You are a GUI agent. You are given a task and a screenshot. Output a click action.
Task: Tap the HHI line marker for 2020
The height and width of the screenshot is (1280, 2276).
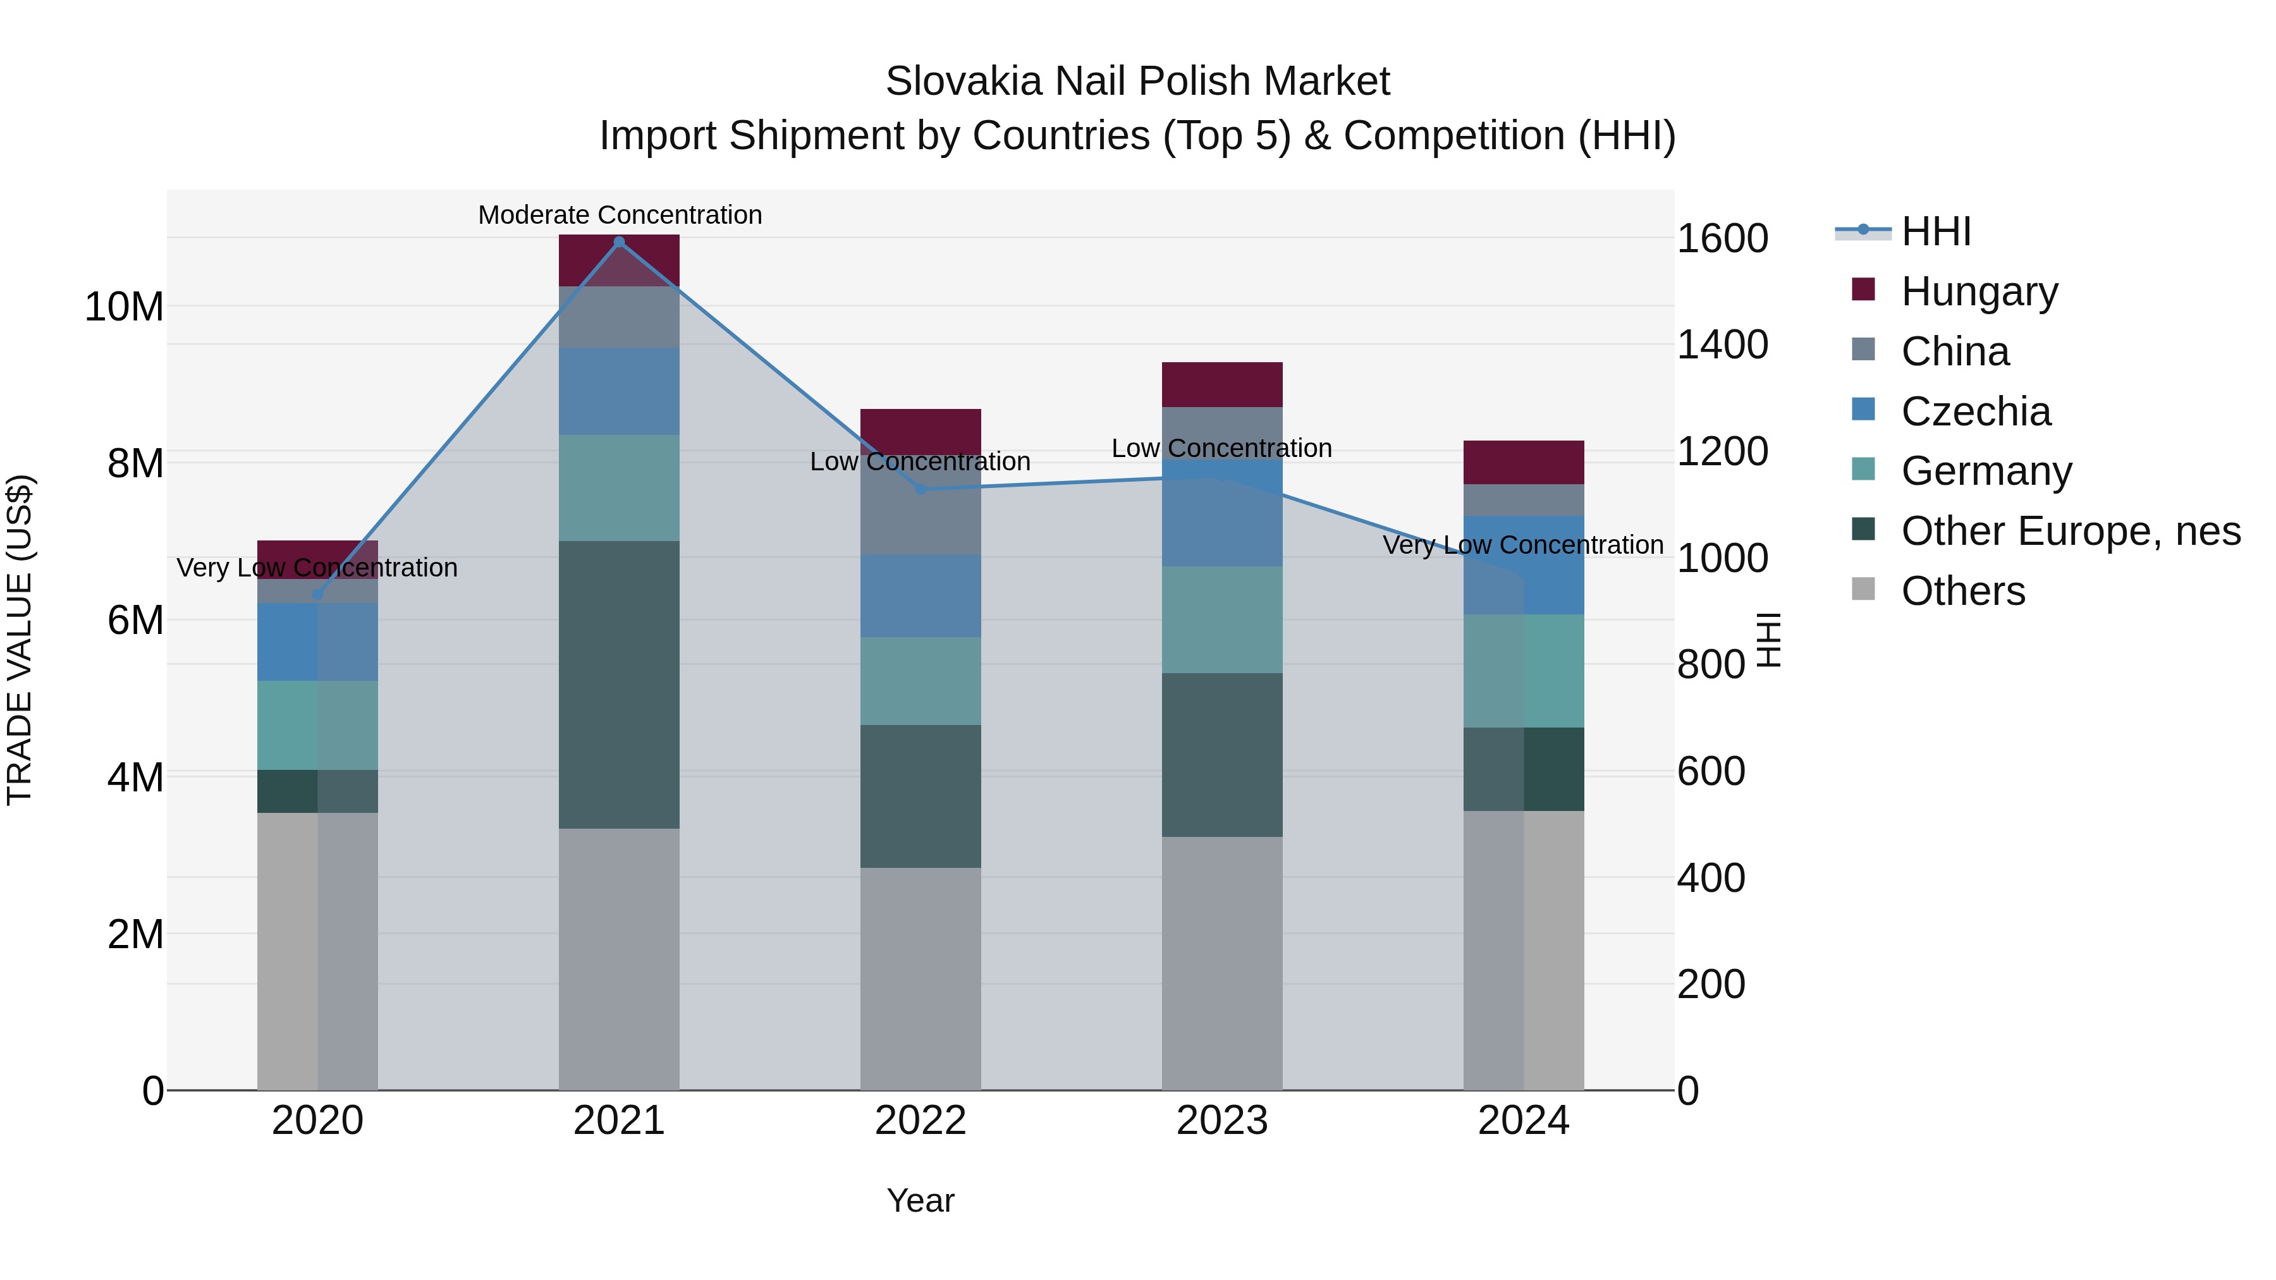318,595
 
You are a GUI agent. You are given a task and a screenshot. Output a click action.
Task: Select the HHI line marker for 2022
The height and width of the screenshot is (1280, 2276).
920,489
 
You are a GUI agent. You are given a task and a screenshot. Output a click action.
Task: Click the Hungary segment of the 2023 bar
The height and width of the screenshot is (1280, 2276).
1222,384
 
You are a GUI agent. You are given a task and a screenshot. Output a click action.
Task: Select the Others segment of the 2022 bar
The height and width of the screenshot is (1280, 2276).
920,978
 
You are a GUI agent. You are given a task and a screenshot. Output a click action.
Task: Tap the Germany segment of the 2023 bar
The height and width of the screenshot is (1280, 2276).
1222,619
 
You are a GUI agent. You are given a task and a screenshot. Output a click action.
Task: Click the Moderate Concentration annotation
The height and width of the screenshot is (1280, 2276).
620,215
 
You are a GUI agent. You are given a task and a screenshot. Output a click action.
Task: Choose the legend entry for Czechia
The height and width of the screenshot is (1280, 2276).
1976,411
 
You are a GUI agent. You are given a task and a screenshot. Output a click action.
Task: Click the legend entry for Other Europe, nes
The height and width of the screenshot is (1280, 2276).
2070,531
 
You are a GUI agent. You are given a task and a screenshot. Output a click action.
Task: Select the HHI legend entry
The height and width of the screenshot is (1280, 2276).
1936,231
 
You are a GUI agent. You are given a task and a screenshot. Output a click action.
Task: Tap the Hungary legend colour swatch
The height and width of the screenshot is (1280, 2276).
1863,290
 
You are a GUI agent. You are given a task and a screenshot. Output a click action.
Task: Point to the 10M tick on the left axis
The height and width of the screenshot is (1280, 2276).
124,307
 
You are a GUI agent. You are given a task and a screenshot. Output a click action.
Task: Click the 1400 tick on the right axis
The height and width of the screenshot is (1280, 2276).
1722,344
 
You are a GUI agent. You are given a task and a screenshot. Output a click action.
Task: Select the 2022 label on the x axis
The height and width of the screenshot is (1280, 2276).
920,1121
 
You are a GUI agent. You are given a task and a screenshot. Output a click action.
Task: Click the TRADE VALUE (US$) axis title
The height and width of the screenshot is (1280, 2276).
20,640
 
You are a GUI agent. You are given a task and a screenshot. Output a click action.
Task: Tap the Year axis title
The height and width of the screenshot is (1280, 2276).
920,1200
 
